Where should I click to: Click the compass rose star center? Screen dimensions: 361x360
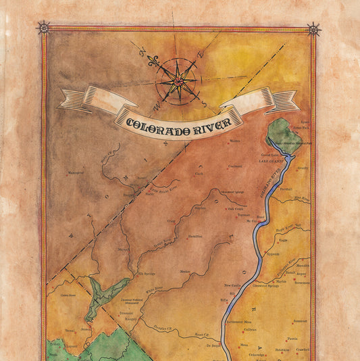(x=176, y=81)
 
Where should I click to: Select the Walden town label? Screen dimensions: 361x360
(x=235, y=141)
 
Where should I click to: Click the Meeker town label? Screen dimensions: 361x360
(x=185, y=270)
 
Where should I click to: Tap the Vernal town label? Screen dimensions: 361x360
(x=69, y=331)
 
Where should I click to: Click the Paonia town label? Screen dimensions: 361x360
(x=292, y=339)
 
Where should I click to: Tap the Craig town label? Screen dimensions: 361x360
(x=171, y=220)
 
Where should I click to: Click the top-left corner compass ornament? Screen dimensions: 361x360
(x=44, y=27)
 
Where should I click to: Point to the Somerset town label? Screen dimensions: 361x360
(x=300, y=320)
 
